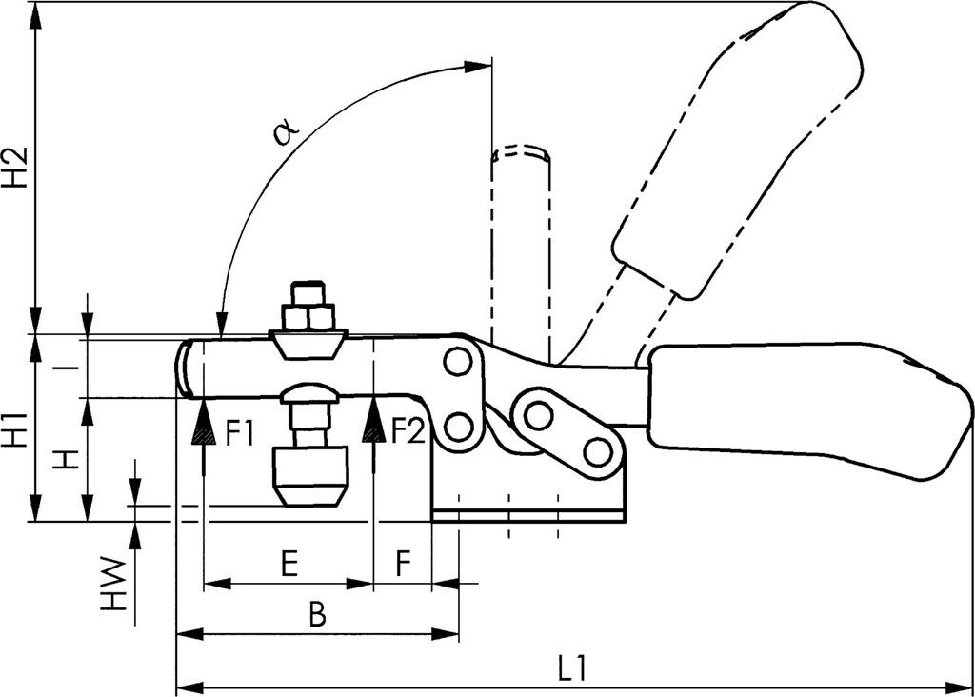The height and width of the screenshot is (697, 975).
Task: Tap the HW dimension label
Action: tap(114, 584)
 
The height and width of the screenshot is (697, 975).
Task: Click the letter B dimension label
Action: tap(317, 614)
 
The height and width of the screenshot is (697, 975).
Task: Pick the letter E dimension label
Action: tap(289, 564)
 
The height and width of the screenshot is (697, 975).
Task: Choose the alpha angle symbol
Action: tap(287, 132)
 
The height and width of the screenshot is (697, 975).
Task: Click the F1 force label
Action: tap(239, 432)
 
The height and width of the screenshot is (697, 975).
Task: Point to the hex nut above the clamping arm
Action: tap(308, 316)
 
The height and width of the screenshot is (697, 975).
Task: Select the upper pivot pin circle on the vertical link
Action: tap(458, 363)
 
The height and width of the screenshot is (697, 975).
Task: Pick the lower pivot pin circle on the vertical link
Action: tap(458, 427)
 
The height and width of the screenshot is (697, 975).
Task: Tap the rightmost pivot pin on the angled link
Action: tap(598, 451)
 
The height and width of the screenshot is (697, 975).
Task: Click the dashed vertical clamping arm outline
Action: tap(521, 249)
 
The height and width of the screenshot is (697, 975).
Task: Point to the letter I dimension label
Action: tap(73, 368)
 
